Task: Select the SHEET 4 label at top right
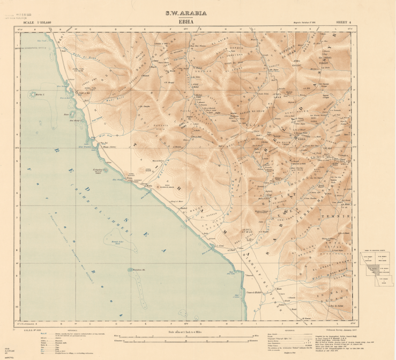click(342, 23)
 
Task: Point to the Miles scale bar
click(187, 335)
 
